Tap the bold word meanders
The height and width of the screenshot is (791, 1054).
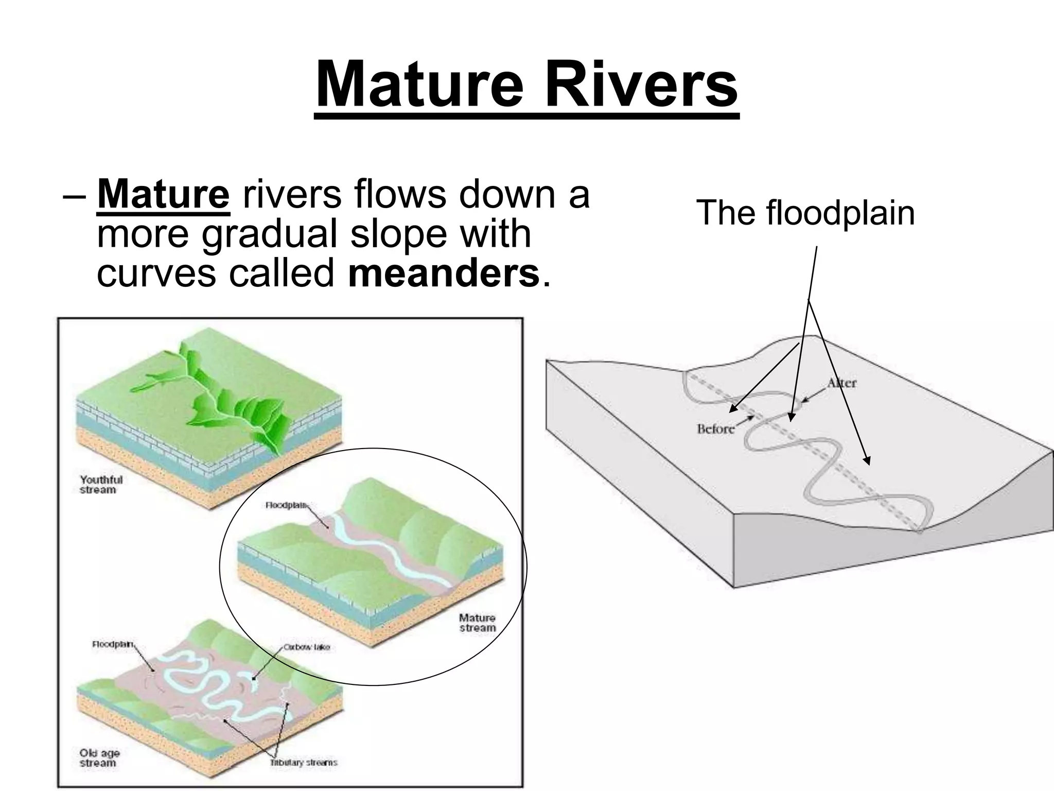pyautogui.click(x=444, y=273)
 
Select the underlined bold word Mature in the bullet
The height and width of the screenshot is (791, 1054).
pyautogui.click(x=163, y=194)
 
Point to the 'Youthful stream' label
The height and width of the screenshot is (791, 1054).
pyautogui.click(x=101, y=485)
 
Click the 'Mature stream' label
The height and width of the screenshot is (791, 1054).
pyautogui.click(x=477, y=623)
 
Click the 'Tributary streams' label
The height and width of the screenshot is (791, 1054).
pyautogui.click(x=304, y=762)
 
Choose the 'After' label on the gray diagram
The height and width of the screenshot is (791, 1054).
pyautogui.click(x=842, y=383)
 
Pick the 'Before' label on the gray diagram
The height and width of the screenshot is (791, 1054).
pyautogui.click(x=715, y=428)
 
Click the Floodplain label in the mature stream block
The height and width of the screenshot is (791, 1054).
pyautogui.click(x=286, y=505)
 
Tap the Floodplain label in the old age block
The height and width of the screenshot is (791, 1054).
pyautogui.click(x=113, y=644)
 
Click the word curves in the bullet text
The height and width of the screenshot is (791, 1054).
pyautogui.click(x=156, y=273)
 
